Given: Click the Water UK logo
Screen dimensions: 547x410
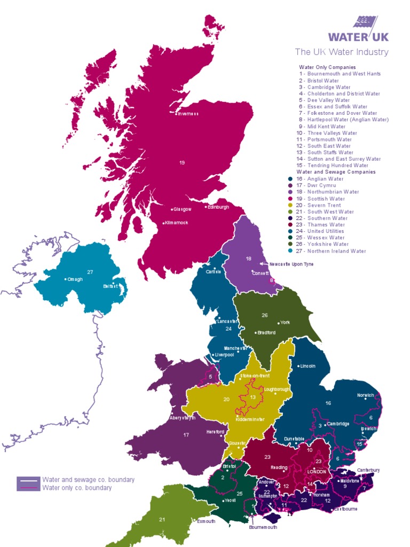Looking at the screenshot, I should [x=358, y=29].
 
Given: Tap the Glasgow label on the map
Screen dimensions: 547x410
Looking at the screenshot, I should [x=182, y=209].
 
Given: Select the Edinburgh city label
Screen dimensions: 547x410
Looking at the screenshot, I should [x=218, y=207].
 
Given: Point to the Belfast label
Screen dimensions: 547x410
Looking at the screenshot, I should [x=111, y=286].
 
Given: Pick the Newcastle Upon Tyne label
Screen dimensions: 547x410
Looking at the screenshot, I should [x=291, y=264].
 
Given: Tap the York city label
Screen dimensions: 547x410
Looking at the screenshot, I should [x=285, y=323].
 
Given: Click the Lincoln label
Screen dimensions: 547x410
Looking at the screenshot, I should [x=308, y=366].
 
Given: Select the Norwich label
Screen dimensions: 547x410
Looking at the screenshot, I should [x=366, y=396].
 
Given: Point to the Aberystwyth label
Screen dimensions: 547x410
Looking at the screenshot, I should [x=182, y=418].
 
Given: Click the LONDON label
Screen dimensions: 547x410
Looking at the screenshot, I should [x=317, y=472].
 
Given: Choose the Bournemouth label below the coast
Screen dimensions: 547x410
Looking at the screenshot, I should [x=263, y=527].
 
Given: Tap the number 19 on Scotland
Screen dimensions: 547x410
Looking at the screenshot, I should [x=182, y=162].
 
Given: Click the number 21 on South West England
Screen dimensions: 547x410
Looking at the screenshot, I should [x=162, y=519].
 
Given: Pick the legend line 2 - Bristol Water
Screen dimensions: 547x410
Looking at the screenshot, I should [x=319, y=81].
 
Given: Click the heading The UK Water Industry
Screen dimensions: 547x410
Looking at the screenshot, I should [x=342, y=52].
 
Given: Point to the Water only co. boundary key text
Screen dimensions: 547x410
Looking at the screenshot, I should [x=77, y=488].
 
